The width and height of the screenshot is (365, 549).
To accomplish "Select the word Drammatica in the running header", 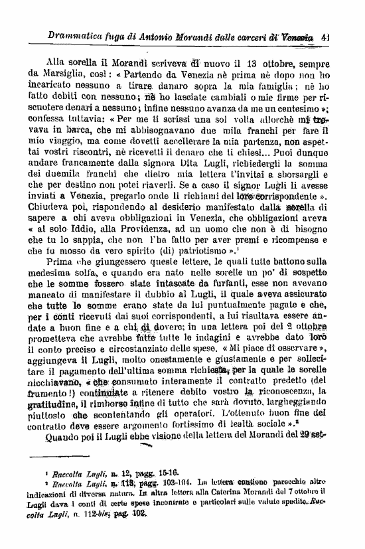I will pyautogui.click(x=68, y=37).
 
